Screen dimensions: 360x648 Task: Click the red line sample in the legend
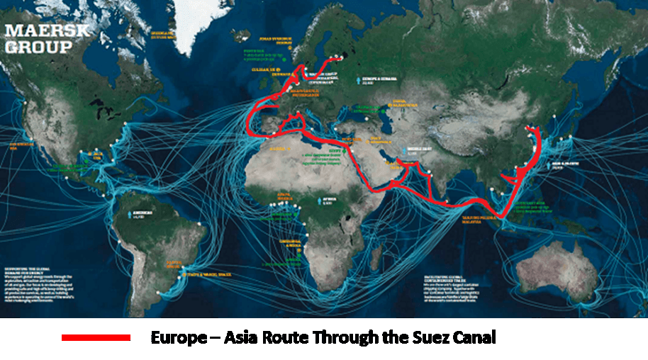coord(96,337)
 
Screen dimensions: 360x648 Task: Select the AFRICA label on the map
coord(330,201)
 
